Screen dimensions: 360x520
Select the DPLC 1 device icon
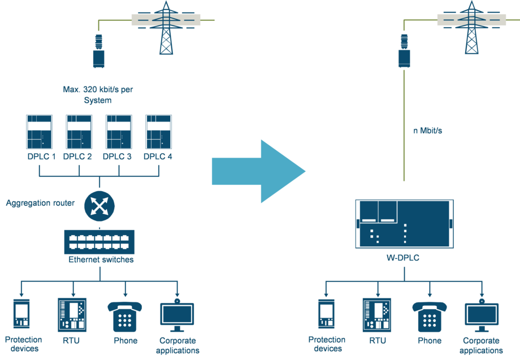click(40, 132)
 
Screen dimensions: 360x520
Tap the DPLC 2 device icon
click(79, 132)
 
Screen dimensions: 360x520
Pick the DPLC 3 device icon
click(119, 132)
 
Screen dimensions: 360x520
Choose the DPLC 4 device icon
click(158, 132)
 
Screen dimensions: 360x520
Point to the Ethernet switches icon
click(99, 241)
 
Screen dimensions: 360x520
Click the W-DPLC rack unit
click(404, 224)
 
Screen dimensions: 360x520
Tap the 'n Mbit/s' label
click(427, 131)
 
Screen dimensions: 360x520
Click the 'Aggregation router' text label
click(40, 203)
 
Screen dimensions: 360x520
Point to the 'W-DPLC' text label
click(404, 258)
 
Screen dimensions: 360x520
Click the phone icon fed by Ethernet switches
click(124, 316)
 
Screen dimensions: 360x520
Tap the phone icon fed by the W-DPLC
click(430, 316)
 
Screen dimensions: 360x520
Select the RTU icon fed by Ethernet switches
click(72, 314)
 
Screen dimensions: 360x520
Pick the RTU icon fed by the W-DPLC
click(377, 315)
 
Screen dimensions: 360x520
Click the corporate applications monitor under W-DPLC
click(482, 316)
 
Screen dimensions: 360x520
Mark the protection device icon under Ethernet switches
click(21, 314)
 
